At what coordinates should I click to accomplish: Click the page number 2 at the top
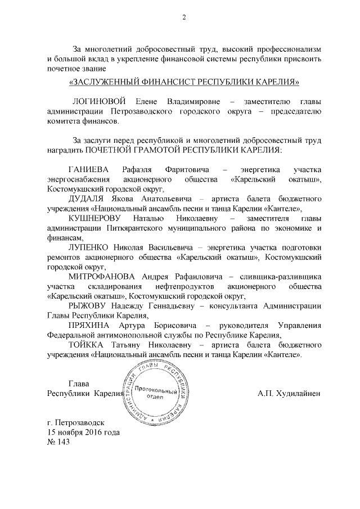pyautogui.click(x=183, y=17)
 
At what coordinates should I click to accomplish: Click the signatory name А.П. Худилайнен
pyautogui.click(x=289, y=393)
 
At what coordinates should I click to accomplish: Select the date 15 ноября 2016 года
pyautogui.click(x=84, y=432)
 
